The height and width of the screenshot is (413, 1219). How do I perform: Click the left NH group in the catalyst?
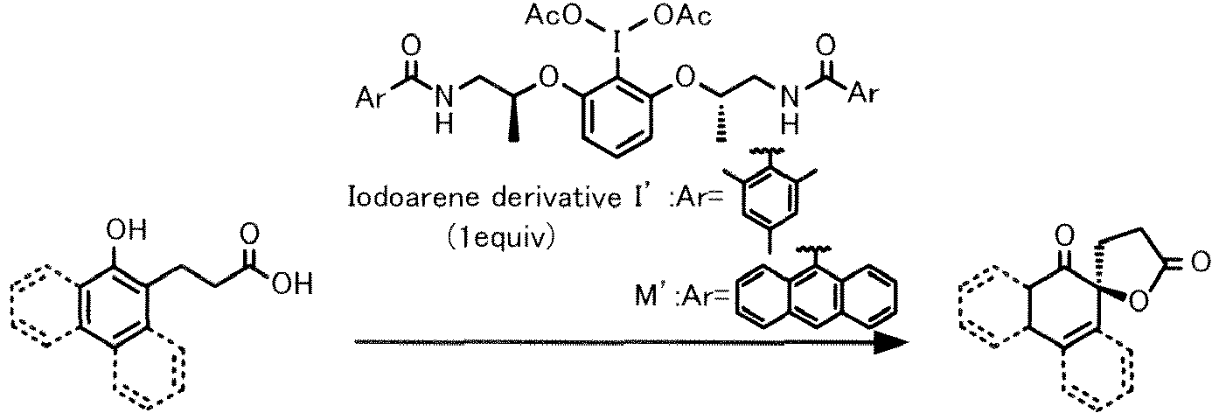(x=444, y=110)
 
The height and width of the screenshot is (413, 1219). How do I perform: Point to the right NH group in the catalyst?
(x=791, y=110)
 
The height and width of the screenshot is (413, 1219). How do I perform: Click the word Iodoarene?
(x=414, y=197)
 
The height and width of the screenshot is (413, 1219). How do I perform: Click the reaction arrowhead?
(x=889, y=342)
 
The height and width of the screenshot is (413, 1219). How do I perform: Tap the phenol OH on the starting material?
(x=126, y=230)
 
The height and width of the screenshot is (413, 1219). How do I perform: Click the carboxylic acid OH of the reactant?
(x=293, y=283)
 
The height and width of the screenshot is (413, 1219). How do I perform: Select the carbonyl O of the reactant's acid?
(x=249, y=235)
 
